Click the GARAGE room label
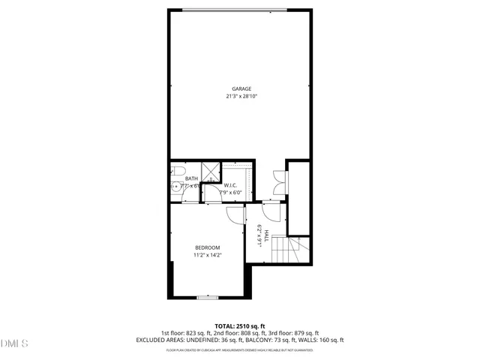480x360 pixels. click(241, 89)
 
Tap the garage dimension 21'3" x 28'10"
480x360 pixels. click(241, 96)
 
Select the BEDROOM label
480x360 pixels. click(208, 248)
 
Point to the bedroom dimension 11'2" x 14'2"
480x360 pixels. click(208, 255)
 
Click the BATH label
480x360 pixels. click(191, 178)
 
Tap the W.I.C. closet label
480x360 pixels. click(231, 185)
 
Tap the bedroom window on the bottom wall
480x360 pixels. click(207, 298)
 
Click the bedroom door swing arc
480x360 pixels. click(235, 216)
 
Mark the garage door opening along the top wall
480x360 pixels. click(241, 10)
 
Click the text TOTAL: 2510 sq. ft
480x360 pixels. click(240, 325)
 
